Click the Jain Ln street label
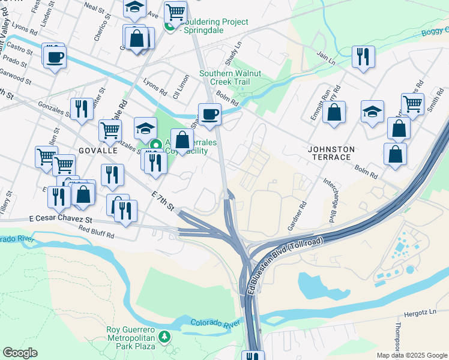[325, 58]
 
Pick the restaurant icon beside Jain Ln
[363, 57]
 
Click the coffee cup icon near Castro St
[54, 57]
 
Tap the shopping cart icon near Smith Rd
[412, 104]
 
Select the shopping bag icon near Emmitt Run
[334, 112]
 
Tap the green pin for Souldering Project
[170, 26]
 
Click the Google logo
[20, 353]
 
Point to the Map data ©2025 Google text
[411, 355]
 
